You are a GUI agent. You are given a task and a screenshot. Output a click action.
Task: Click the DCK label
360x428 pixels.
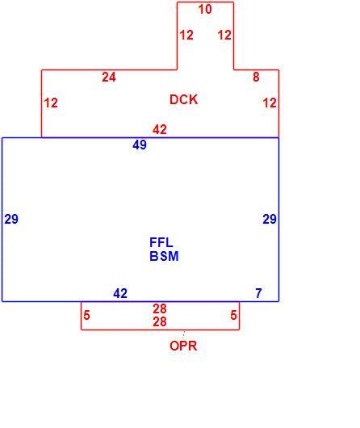pyautogui.click(x=184, y=99)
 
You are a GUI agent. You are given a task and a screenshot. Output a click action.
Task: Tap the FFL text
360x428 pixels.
pyautogui.click(x=161, y=242)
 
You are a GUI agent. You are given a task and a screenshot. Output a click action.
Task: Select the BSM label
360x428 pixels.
pyautogui.click(x=164, y=256)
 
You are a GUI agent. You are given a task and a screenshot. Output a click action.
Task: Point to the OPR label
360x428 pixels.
pyautogui.click(x=183, y=346)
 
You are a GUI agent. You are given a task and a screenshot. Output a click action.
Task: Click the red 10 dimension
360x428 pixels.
pyautogui.click(x=205, y=9)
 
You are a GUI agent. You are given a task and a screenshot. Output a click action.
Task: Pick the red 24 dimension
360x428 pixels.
pyautogui.click(x=109, y=77)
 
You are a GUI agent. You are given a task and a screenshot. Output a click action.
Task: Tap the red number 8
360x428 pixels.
pyautogui.click(x=256, y=77)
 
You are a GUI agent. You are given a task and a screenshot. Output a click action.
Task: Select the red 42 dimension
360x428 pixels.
pyautogui.click(x=160, y=129)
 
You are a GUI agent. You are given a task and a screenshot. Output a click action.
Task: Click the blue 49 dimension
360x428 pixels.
pyautogui.click(x=140, y=145)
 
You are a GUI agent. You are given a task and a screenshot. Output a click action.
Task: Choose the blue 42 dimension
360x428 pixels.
pyautogui.click(x=120, y=293)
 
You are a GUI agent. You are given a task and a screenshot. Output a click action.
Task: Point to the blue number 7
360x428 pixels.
pyautogui.click(x=259, y=293)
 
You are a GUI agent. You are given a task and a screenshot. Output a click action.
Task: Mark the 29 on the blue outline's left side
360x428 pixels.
pyautogui.click(x=11, y=219)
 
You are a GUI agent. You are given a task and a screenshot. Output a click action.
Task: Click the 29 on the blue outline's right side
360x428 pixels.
pyautogui.click(x=270, y=219)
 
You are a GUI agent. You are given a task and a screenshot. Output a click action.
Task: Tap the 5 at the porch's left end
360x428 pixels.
pyautogui.click(x=87, y=315)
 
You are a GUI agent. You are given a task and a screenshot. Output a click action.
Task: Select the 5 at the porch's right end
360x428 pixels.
pyautogui.click(x=233, y=315)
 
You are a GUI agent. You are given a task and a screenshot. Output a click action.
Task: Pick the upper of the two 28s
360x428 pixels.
pyautogui.click(x=160, y=308)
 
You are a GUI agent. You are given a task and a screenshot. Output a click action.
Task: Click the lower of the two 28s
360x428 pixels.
pyautogui.click(x=160, y=321)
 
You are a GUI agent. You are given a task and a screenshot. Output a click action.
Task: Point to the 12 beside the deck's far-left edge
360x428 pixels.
pyautogui.click(x=51, y=103)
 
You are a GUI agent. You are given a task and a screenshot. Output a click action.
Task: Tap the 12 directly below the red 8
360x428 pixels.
pyautogui.click(x=270, y=103)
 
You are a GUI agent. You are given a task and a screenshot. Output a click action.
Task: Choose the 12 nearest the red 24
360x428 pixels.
pyautogui.click(x=186, y=35)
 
